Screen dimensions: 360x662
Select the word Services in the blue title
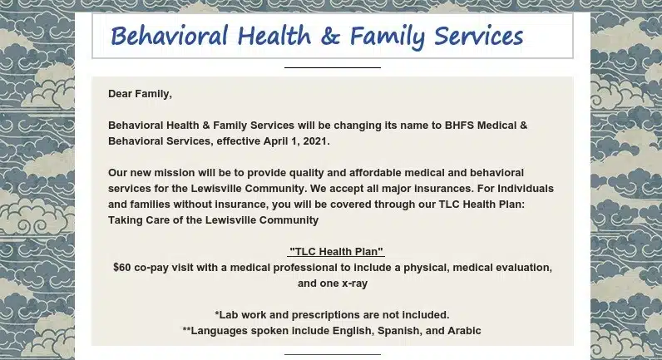coord(477,37)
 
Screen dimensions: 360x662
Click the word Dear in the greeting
coord(121,94)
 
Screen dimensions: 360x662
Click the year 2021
coord(315,141)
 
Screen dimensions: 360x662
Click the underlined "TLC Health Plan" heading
coord(336,252)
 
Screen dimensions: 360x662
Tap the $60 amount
coord(123,268)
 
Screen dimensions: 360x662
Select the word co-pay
coord(156,268)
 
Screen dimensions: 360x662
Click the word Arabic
coord(463,331)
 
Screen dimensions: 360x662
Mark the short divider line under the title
coord(332,67)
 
